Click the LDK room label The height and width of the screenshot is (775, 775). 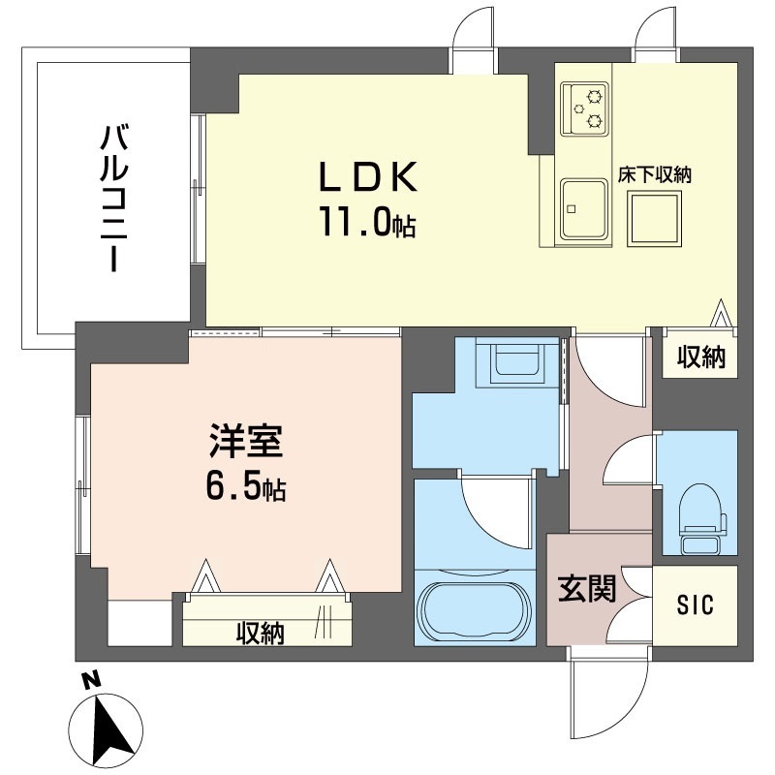[369, 177]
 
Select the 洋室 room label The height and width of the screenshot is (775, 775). [246, 441]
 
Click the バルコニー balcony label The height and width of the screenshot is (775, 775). [114, 199]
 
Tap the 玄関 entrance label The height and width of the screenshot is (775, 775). [587, 589]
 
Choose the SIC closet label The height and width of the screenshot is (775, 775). [695, 604]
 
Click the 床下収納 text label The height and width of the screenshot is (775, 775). [655, 175]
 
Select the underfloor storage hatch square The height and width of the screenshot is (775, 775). [655, 219]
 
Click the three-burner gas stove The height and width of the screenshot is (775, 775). [584, 108]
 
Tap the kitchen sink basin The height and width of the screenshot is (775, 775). [584, 208]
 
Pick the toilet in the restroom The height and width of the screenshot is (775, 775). [702, 518]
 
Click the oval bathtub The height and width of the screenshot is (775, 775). [475, 609]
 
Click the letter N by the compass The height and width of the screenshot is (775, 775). [90, 682]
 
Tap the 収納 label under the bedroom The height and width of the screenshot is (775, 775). [260, 633]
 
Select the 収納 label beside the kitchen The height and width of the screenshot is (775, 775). [700, 356]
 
